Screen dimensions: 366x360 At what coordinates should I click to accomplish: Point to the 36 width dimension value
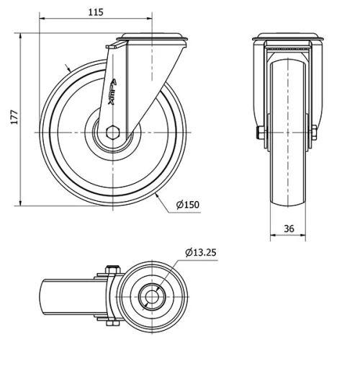point(288,229)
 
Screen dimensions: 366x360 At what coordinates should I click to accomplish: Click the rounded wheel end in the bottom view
point(45,298)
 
